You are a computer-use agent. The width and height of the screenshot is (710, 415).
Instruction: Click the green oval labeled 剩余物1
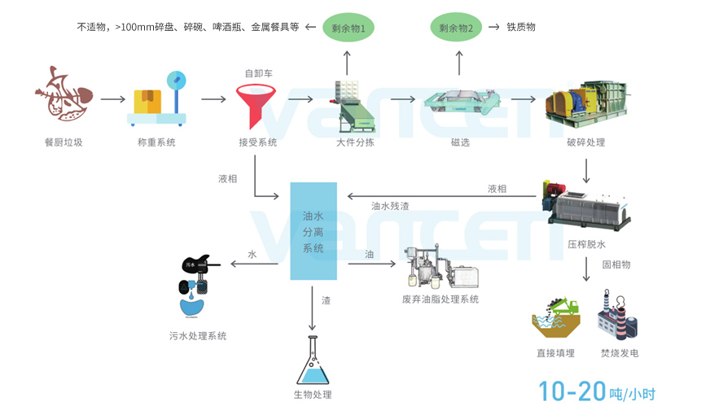click(x=348, y=28)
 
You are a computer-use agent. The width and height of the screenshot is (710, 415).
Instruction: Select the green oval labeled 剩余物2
click(x=456, y=28)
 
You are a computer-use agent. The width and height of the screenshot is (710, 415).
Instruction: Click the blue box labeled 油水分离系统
click(x=313, y=231)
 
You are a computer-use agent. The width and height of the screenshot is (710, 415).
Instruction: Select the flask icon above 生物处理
click(x=312, y=362)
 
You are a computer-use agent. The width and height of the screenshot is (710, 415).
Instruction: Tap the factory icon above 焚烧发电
click(x=618, y=317)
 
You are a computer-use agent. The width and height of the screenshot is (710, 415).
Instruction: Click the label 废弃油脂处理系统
click(x=440, y=299)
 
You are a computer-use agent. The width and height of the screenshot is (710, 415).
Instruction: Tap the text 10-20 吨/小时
click(x=596, y=392)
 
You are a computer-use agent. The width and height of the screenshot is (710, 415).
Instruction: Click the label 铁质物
click(x=521, y=27)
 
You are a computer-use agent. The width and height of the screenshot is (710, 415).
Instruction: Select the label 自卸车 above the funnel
click(x=258, y=73)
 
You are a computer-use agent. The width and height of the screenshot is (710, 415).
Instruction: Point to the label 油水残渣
click(x=390, y=206)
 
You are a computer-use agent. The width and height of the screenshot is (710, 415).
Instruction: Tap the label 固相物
click(x=616, y=264)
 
